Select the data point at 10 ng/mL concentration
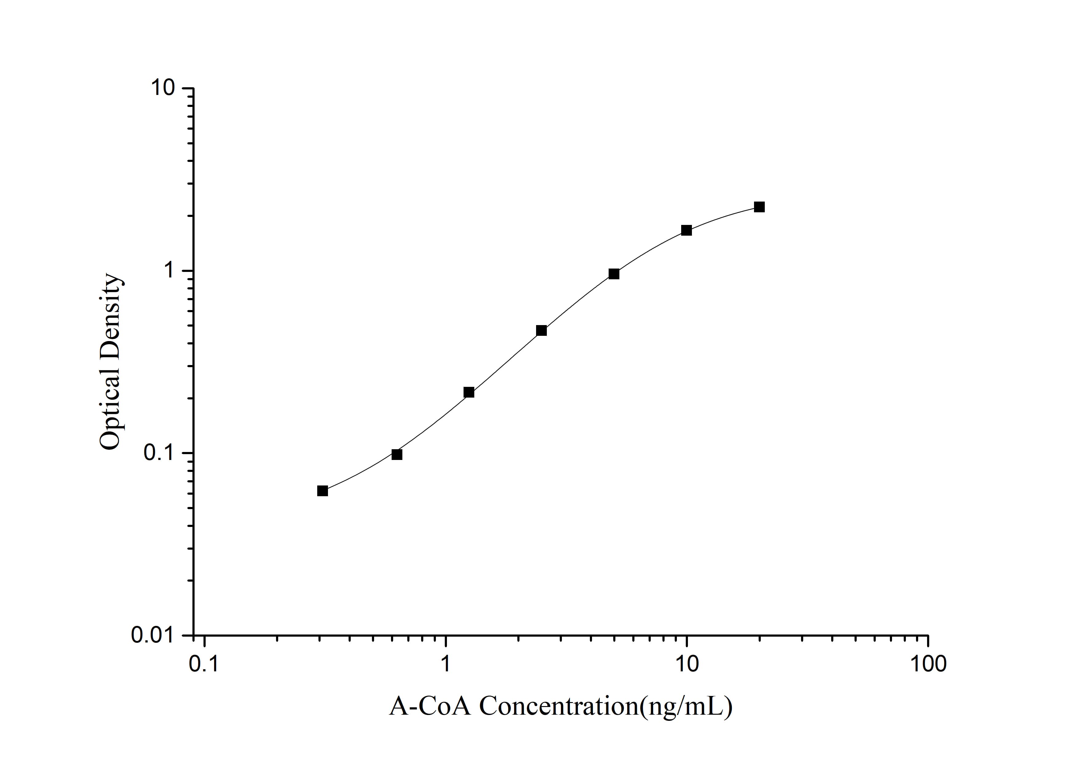pos(686,230)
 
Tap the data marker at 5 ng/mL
pos(614,274)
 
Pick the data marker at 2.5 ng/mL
pos(541,330)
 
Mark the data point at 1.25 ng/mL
pos(468,392)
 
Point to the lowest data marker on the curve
pos(322,491)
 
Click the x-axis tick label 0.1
pos(204,664)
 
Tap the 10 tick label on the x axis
pos(686,664)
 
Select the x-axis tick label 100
pos(928,664)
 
